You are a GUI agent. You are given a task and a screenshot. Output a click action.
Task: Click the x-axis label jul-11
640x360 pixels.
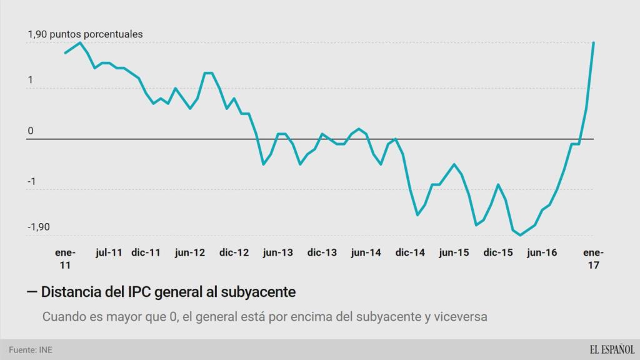(x=109, y=253)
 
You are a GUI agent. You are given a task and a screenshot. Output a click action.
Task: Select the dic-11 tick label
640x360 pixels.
(x=146, y=253)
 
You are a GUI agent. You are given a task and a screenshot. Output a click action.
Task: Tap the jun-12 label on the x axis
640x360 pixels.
(x=190, y=253)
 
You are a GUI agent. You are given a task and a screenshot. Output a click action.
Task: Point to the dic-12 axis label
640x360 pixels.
(x=234, y=253)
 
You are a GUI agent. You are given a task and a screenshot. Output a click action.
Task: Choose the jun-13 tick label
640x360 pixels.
(x=277, y=253)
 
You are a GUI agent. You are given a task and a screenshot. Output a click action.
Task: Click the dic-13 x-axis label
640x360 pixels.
(x=322, y=253)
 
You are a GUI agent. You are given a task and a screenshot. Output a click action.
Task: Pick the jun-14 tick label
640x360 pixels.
(x=366, y=253)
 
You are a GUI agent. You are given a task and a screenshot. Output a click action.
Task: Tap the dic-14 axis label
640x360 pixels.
(x=410, y=253)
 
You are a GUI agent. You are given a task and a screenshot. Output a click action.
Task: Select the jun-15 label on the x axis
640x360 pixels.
(x=454, y=253)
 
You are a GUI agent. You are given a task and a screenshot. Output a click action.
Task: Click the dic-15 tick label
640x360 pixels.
(x=498, y=253)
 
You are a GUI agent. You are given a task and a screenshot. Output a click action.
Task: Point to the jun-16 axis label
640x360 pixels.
(x=542, y=253)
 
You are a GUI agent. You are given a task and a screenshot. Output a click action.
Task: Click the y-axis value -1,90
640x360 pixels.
(x=39, y=227)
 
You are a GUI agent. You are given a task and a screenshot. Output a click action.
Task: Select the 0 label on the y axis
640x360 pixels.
(x=30, y=131)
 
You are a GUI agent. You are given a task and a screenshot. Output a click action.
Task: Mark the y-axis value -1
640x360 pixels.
(x=31, y=182)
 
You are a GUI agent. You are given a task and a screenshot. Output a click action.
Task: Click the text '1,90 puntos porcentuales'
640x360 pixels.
(x=85, y=34)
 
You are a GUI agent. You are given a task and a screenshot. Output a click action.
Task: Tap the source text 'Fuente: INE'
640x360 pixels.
(x=31, y=349)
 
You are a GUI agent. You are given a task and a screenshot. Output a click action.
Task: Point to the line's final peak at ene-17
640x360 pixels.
(x=593, y=42)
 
